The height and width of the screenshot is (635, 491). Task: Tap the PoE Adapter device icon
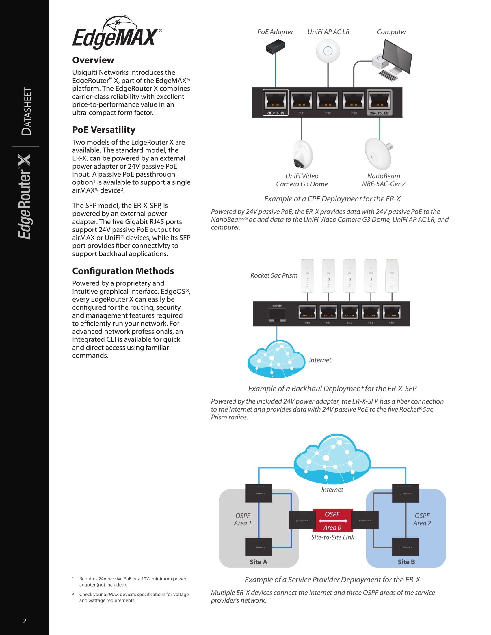point(275,47)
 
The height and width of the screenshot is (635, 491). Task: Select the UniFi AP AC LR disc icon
point(328,51)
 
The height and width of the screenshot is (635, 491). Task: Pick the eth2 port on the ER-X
point(327,102)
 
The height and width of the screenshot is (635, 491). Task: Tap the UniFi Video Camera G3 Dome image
point(302,154)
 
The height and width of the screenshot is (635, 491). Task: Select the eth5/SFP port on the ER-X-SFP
point(277,315)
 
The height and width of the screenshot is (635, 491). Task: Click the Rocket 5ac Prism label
point(274,275)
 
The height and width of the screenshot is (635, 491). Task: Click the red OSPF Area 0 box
point(332,520)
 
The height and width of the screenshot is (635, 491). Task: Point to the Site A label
point(258,562)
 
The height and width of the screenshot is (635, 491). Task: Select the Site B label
point(406,562)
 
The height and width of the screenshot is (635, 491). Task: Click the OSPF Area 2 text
point(422,519)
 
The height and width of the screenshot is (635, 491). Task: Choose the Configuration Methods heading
point(123,271)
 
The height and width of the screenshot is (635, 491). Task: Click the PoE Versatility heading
point(104,130)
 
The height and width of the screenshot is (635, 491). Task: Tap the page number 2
point(25,621)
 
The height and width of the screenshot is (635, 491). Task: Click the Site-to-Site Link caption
point(332,537)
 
